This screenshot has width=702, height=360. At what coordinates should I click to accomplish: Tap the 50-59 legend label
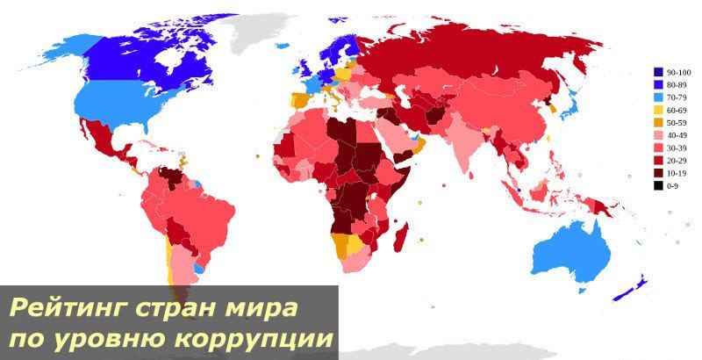click(677, 122)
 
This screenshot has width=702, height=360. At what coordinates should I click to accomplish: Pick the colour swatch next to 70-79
click(657, 97)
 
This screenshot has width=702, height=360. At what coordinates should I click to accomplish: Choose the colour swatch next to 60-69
click(657, 110)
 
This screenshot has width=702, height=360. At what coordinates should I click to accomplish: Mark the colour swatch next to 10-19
click(657, 173)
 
